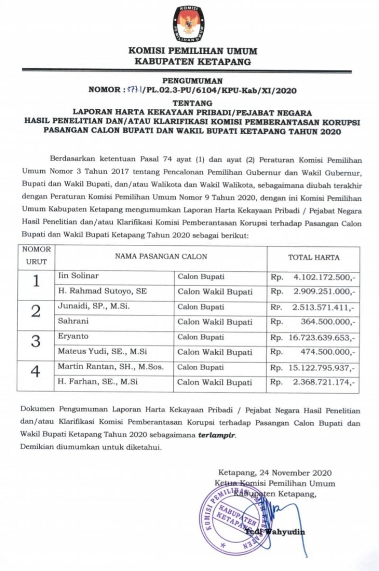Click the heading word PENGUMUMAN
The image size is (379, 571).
[x=189, y=81]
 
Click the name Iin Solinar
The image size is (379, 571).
[x=78, y=276]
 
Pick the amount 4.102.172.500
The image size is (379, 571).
[x=323, y=277]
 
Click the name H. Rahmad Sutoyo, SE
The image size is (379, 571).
[x=102, y=291]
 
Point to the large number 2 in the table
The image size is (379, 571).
[x=36, y=312]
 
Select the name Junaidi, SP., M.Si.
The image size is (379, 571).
[x=94, y=306]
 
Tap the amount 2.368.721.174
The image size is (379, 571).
[x=323, y=383]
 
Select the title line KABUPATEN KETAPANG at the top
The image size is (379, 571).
[x=189, y=61]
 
